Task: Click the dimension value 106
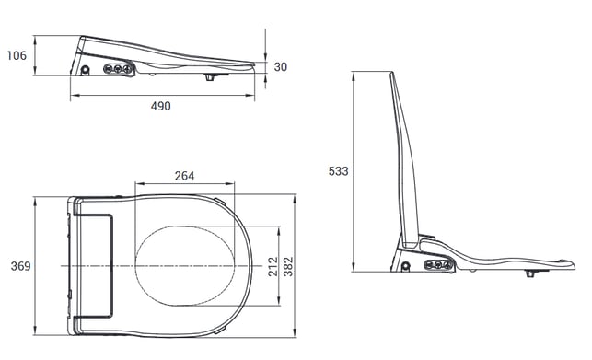coord(17,55)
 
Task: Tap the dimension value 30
coord(281,67)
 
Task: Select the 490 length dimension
coord(161,106)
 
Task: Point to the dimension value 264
coord(185,176)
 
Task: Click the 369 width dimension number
coord(20,266)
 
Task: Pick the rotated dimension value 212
coord(273,266)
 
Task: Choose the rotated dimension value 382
coord(288,266)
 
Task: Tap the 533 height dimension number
coord(338,171)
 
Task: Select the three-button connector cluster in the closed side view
coord(118,69)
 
